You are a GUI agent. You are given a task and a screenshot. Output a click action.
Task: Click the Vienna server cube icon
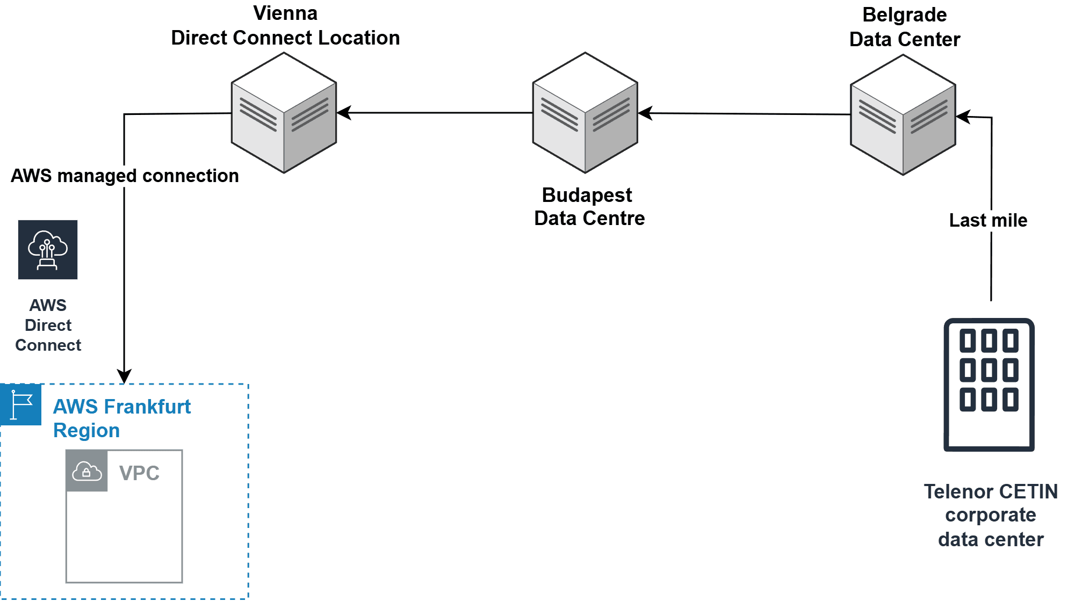(x=284, y=113)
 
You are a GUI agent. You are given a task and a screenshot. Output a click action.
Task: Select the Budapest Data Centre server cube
(x=585, y=113)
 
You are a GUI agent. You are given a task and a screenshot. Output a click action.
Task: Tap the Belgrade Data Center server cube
(x=903, y=115)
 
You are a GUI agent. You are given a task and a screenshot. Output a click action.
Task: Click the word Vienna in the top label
(x=285, y=13)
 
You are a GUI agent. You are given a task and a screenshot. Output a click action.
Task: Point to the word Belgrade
(x=904, y=15)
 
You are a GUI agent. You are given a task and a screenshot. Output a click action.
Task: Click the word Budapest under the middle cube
(x=587, y=195)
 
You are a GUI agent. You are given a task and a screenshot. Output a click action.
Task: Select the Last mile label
(x=987, y=220)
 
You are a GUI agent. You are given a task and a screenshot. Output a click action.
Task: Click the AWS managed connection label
(x=125, y=176)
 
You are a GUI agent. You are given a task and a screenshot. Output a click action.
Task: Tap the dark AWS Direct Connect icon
(x=48, y=250)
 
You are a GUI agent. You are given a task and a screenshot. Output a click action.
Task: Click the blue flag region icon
(x=21, y=404)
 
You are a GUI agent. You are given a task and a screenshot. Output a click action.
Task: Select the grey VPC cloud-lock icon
(x=86, y=471)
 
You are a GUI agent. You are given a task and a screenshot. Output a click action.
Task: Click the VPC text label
(x=139, y=473)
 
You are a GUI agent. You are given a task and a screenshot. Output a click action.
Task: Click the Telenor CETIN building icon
(x=989, y=385)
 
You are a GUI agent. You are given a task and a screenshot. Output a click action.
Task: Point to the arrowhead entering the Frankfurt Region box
(x=124, y=376)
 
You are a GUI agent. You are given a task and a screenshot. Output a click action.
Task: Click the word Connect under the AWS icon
(x=48, y=345)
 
